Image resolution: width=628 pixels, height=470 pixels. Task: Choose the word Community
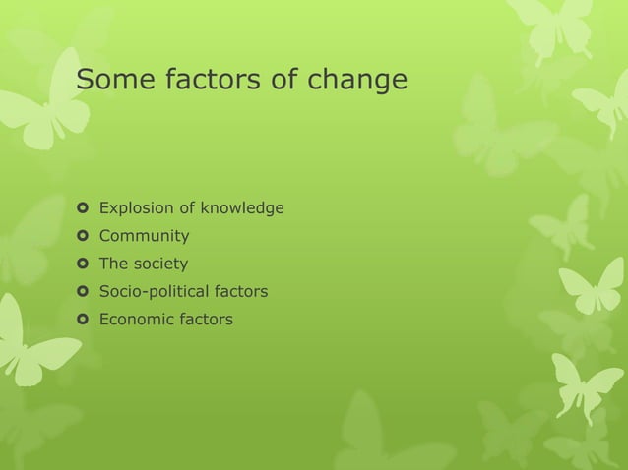145,236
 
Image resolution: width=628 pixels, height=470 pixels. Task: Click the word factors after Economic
206,319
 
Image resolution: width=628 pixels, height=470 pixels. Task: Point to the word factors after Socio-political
241,291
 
